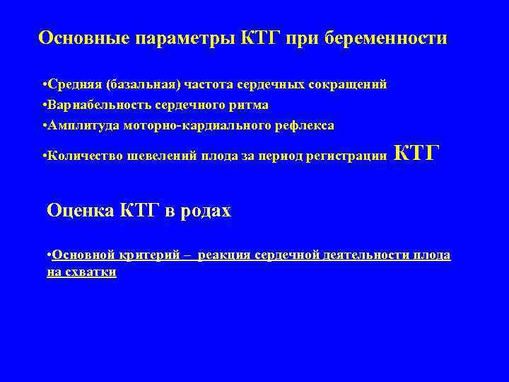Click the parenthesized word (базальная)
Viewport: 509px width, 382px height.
point(142,85)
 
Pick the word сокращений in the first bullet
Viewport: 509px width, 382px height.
point(347,85)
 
